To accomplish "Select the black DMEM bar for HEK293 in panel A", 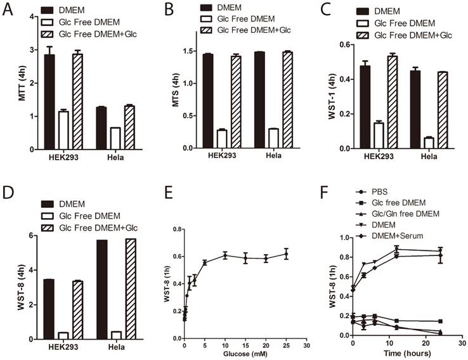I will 49,101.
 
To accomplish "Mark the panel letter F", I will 331,188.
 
